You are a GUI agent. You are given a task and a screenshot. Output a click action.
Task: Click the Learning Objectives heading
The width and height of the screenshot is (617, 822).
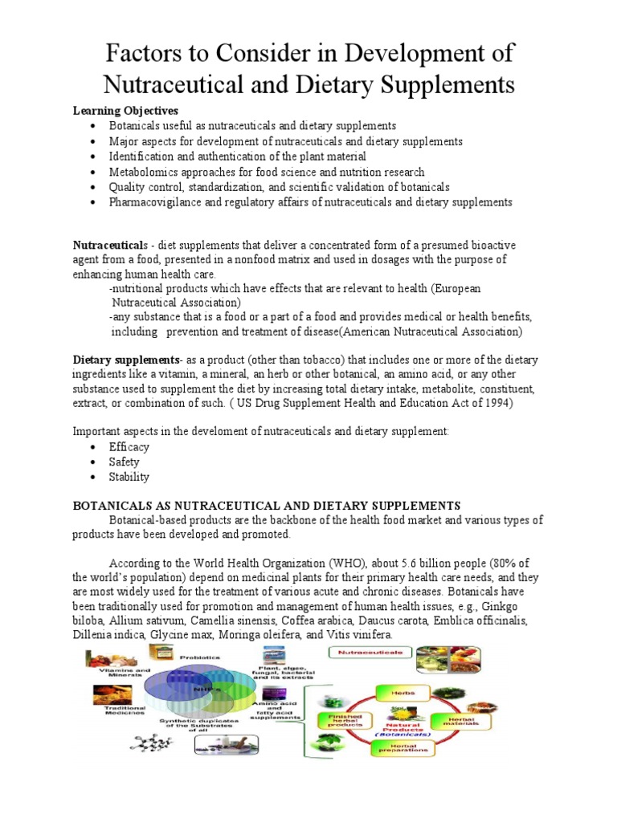(125, 110)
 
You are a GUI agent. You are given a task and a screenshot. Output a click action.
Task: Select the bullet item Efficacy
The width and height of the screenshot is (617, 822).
(129, 447)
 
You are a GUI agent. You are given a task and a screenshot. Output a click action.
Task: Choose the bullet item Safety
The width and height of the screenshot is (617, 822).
(125, 462)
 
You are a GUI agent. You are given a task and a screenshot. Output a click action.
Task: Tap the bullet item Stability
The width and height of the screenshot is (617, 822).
(129, 478)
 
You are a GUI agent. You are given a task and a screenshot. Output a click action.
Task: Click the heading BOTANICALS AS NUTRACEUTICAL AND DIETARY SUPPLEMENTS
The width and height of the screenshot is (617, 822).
(267, 505)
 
